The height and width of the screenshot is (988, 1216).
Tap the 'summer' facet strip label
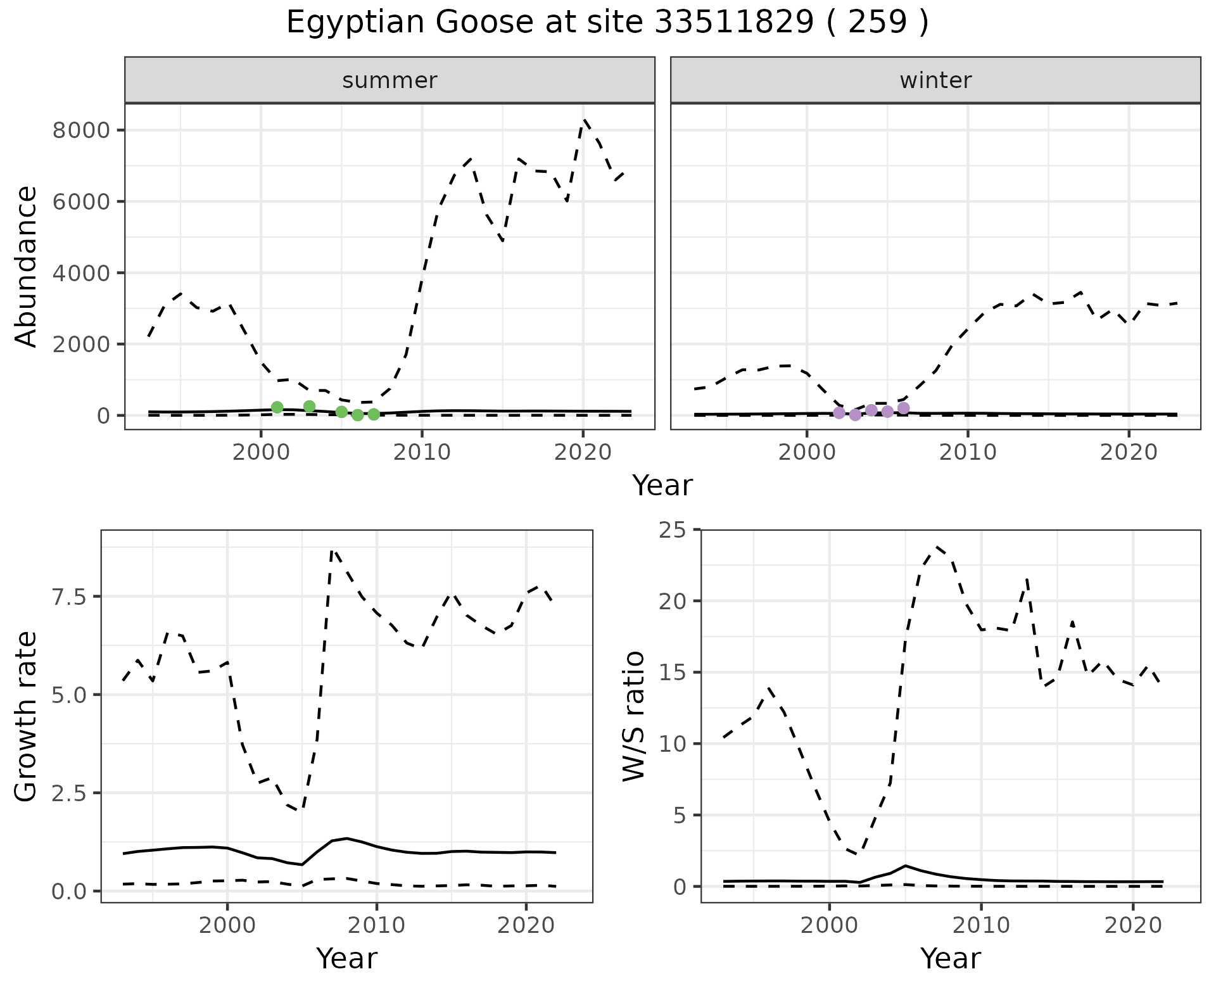[x=389, y=80]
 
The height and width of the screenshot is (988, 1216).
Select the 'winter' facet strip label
[x=935, y=80]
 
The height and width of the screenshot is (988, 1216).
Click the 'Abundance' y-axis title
[x=26, y=266]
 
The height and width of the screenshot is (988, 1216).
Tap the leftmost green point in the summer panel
[x=277, y=407]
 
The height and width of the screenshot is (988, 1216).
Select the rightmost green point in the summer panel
[x=374, y=414]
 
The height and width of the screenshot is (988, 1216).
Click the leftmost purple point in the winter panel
[x=839, y=413]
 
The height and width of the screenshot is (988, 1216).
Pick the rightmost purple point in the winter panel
[x=904, y=408]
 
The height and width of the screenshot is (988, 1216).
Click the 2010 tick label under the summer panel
[x=421, y=453]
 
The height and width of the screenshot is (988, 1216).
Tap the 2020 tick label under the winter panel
[x=1128, y=453]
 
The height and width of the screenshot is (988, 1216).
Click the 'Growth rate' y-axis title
[x=26, y=716]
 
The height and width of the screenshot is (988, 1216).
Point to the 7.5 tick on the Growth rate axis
[x=70, y=597]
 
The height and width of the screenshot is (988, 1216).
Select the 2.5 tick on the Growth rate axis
[x=70, y=793]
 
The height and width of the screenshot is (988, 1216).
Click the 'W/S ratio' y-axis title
[x=633, y=716]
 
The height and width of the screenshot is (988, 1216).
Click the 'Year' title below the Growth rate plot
[x=346, y=958]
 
